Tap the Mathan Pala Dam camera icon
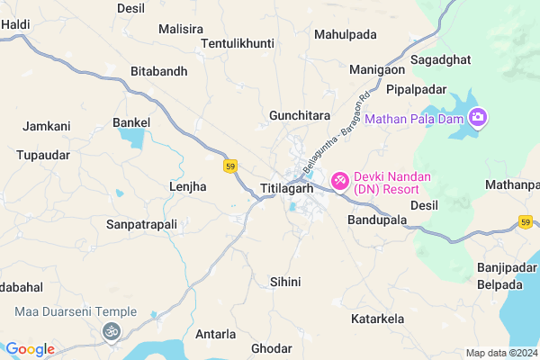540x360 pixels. point(478,117)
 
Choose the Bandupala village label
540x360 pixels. point(378,220)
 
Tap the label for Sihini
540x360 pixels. point(285,282)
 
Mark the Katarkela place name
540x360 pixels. point(378,319)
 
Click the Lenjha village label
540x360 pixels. point(188,186)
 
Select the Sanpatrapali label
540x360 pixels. point(141,223)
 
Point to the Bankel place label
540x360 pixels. point(130,121)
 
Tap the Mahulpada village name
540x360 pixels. point(346,34)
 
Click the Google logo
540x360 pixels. point(30,349)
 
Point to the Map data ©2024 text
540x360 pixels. point(501,352)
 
